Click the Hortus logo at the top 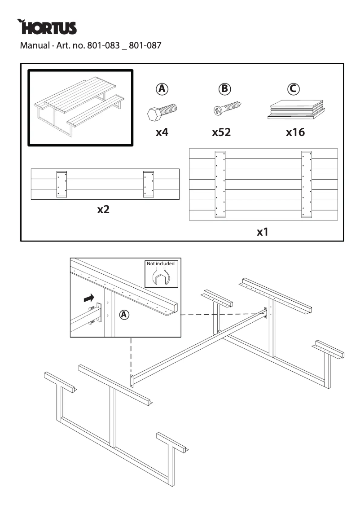(47, 27)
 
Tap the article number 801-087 (145, 45)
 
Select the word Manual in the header (34, 45)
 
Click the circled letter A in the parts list (162, 89)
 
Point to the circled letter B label (224, 89)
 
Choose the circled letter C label (293, 89)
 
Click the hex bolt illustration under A (162, 111)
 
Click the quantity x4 (162, 132)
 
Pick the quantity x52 (221, 132)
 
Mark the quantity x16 (295, 132)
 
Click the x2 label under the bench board (104, 210)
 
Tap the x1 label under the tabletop (263, 232)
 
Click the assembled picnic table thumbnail (80, 108)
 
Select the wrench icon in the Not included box (161, 277)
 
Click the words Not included (161, 263)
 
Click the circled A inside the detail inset (124, 315)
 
